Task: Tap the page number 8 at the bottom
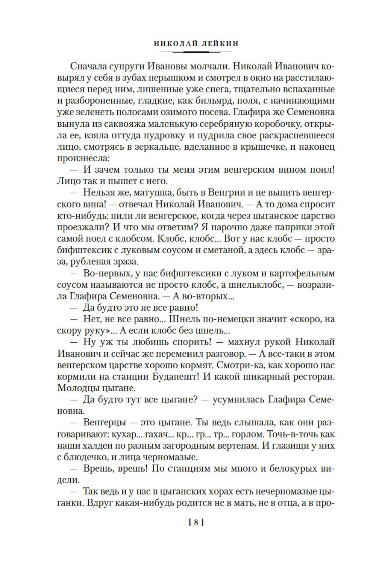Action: (197, 522)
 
